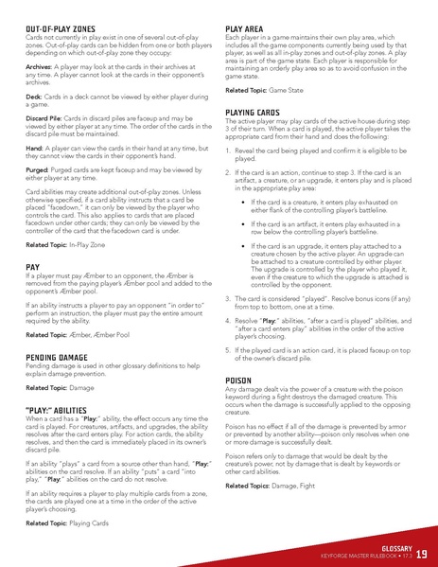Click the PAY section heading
click(35, 268)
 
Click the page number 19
click(421, 553)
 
